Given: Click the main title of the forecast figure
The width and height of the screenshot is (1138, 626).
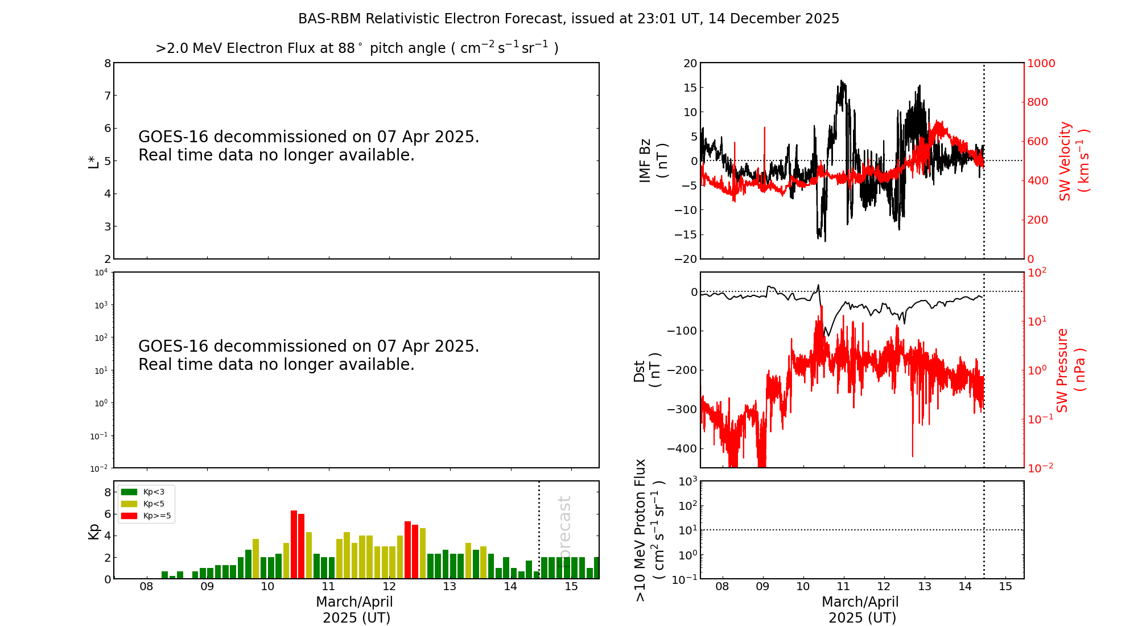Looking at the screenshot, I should [568, 19].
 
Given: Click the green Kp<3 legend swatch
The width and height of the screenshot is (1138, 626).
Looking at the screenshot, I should [129, 492].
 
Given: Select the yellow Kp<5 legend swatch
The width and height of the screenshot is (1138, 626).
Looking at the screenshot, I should [129, 504].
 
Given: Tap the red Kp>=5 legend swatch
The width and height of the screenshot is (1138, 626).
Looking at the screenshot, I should [129, 516].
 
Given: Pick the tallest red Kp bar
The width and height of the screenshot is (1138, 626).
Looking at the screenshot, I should [294, 544].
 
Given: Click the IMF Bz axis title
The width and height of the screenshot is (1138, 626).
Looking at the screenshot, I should [653, 160].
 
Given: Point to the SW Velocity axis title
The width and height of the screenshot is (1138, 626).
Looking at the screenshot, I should [1073, 161].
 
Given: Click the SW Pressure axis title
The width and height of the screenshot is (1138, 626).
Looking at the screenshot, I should [1070, 370].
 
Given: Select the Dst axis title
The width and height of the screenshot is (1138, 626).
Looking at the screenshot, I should [646, 370].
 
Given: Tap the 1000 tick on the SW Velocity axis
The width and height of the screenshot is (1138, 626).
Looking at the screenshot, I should [1041, 63].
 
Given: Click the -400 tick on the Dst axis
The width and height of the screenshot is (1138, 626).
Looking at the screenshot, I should [683, 448].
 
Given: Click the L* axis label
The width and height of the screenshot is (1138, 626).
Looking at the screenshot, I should [93, 161].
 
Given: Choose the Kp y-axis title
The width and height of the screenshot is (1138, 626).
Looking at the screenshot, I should [93, 531].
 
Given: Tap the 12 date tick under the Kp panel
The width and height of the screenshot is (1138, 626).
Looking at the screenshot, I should [389, 587].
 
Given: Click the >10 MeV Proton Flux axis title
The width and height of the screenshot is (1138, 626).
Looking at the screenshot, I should [649, 530].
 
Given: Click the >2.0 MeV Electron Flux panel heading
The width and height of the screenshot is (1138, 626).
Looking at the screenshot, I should [357, 48].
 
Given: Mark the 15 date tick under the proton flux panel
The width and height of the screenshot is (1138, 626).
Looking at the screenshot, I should [1005, 587].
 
